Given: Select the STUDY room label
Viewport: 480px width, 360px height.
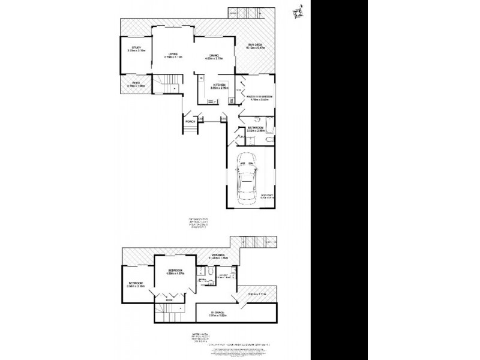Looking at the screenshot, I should [x=136, y=48].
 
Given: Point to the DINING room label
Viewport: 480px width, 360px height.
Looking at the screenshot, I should [x=214, y=56].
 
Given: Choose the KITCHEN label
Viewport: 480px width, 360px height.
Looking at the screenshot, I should [x=218, y=85].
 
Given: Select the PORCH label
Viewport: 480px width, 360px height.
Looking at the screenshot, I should [x=191, y=122].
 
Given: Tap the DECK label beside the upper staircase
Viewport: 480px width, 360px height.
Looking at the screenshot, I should [x=136, y=83].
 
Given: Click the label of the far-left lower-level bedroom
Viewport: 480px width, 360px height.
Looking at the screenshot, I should [x=134, y=283].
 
